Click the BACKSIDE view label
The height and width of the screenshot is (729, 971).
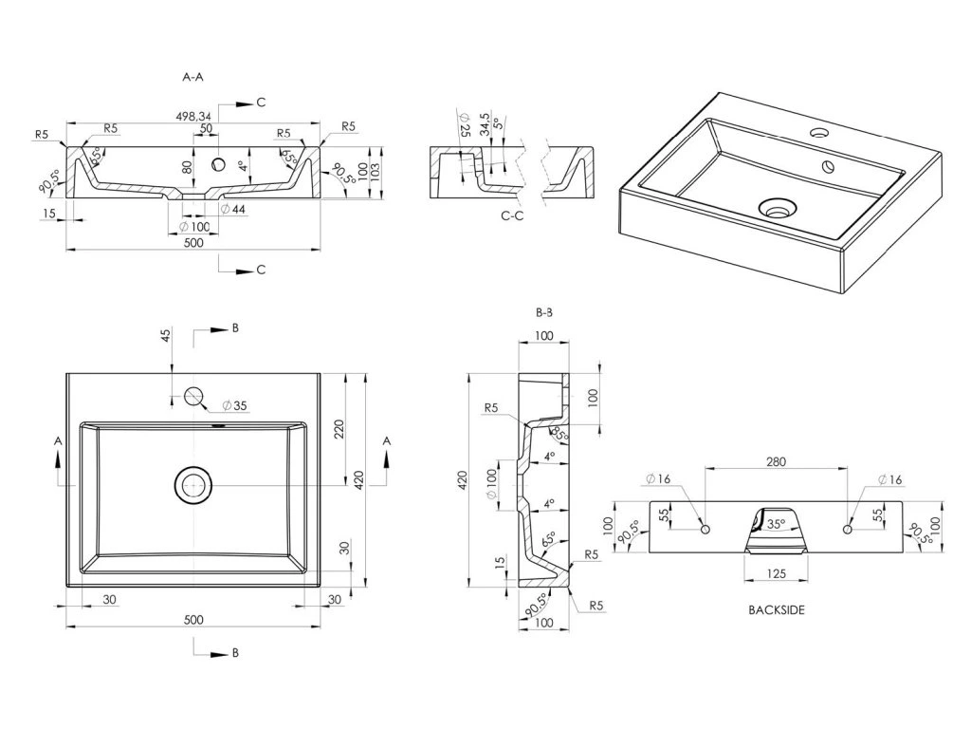click(776, 610)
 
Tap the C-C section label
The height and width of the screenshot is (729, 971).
click(512, 216)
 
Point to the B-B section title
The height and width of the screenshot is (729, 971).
click(544, 311)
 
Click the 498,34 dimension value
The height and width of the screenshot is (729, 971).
click(193, 117)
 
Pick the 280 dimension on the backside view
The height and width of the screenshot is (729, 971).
click(776, 461)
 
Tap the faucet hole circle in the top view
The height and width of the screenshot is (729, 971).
click(193, 398)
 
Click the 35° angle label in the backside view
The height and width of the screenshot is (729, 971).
click(776, 523)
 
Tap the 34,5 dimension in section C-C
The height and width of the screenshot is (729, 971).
click(485, 124)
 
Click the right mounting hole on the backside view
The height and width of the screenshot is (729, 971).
click(847, 528)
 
